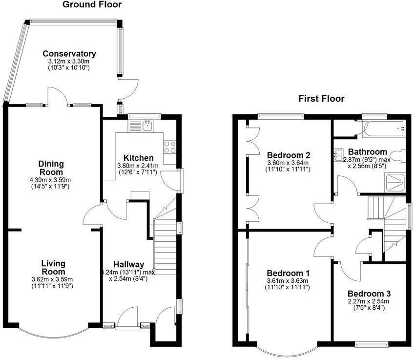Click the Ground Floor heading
92,5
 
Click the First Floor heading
321,99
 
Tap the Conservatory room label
69,54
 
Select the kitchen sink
146,126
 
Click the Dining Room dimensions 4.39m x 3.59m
51,180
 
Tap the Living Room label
53,268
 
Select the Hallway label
129,264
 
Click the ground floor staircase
165,244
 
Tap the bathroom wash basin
338,155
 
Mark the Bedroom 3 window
372,344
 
